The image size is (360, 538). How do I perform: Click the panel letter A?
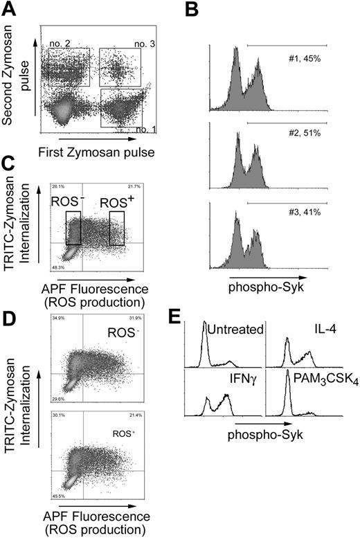point(10,10)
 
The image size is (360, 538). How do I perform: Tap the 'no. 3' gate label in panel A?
point(144,44)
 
